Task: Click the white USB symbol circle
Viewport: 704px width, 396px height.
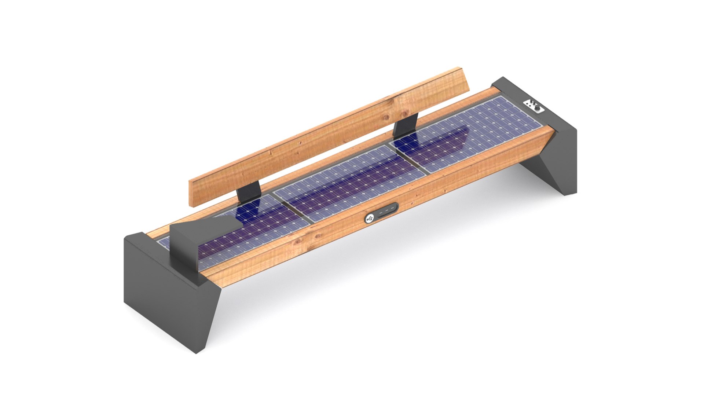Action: pyautogui.click(x=370, y=219)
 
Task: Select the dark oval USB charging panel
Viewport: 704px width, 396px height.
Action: pyautogui.click(x=381, y=213)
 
